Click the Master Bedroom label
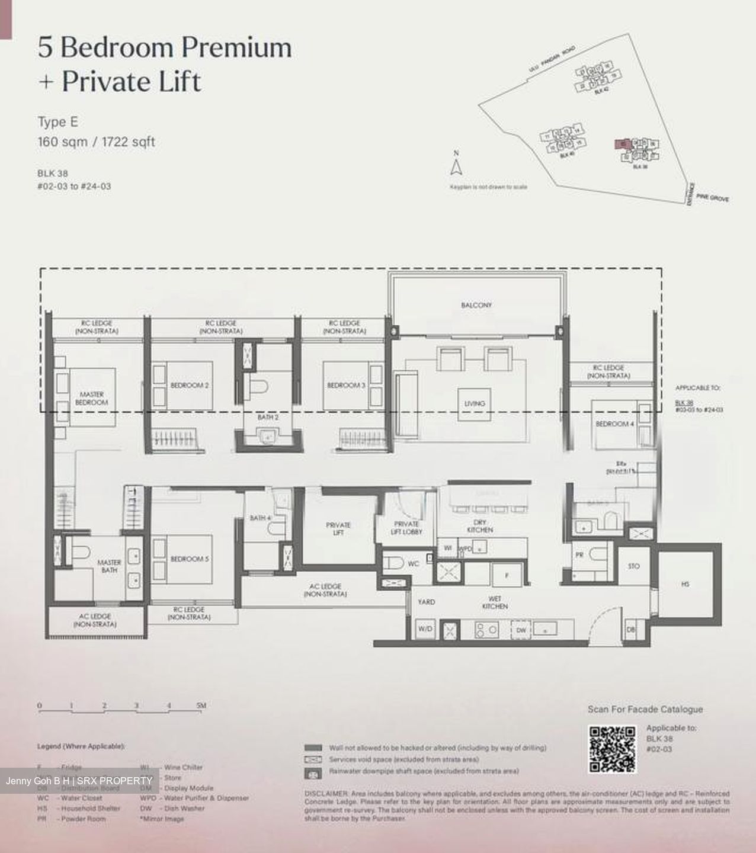[91, 398]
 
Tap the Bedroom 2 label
[190, 385]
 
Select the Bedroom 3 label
[346, 385]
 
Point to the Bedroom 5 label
[190, 559]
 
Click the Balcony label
[476, 305]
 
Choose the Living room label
[475, 403]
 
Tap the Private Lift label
[338, 528]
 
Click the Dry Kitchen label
[480, 526]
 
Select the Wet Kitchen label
[495, 602]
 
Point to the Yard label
[426, 602]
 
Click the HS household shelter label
[685, 584]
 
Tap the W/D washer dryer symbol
[425, 629]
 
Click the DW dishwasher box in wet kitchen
[521, 630]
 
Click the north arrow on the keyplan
[456, 166]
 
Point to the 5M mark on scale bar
[201, 706]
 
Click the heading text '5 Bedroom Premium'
[165, 47]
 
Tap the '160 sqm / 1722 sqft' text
[96, 142]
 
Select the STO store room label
[633, 566]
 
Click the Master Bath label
[109, 566]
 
